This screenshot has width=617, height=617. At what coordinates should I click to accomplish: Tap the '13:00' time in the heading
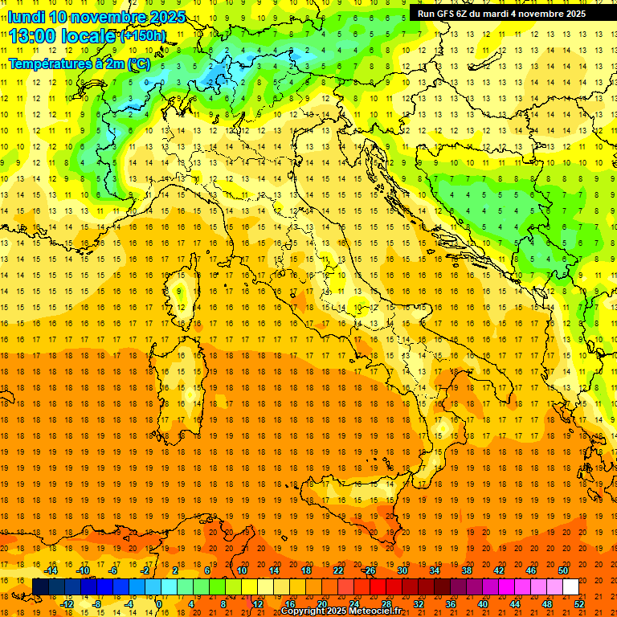coord(33,36)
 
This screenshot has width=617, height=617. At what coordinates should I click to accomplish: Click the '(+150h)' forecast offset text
coord(143,35)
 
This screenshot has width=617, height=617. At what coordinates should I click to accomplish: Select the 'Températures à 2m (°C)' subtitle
coord(79,63)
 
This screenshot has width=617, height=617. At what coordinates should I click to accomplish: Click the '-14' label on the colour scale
coord(51,570)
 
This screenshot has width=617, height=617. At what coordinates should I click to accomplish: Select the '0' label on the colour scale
coord(158,603)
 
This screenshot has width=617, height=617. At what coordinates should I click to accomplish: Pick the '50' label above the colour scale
coord(563,570)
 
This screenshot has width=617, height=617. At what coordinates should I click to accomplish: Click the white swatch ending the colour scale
coord(570,587)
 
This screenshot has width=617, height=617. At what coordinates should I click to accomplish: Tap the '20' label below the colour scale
coord(321,603)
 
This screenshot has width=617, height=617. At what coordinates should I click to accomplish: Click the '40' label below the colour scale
coord(483,603)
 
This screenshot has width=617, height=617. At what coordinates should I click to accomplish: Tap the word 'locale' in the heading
coord(89,36)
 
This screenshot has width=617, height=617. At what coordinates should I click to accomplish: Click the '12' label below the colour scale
coord(257,603)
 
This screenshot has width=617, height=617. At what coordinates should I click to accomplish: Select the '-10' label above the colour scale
coord(83,570)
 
